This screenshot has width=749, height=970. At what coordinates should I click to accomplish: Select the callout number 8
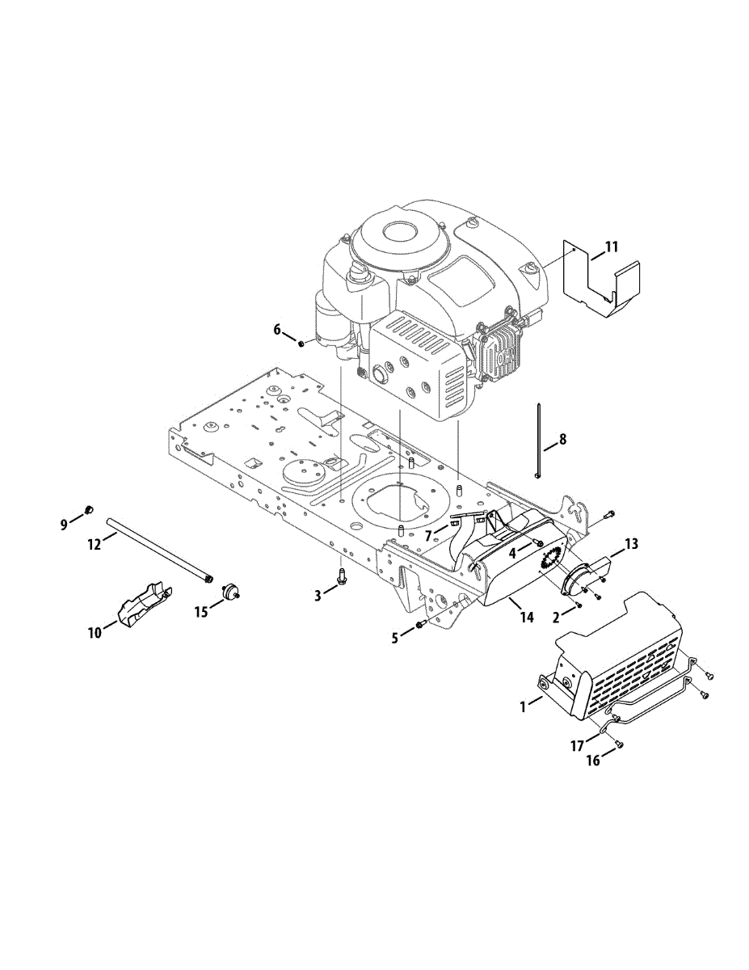click(x=562, y=440)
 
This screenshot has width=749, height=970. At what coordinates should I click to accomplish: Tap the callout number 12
click(x=95, y=544)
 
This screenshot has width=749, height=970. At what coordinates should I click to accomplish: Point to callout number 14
click(x=527, y=618)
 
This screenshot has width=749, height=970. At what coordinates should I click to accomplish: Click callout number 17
click(x=577, y=746)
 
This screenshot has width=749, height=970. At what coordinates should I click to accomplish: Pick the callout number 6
click(x=277, y=330)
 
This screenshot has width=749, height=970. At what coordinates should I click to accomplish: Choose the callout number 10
click(x=95, y=633)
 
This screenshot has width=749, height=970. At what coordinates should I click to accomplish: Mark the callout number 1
click(x=524, y=706)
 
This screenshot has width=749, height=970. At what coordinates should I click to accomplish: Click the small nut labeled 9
click(x=90, y=509)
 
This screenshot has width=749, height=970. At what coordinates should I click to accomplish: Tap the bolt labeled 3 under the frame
click(x=342, y=576)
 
